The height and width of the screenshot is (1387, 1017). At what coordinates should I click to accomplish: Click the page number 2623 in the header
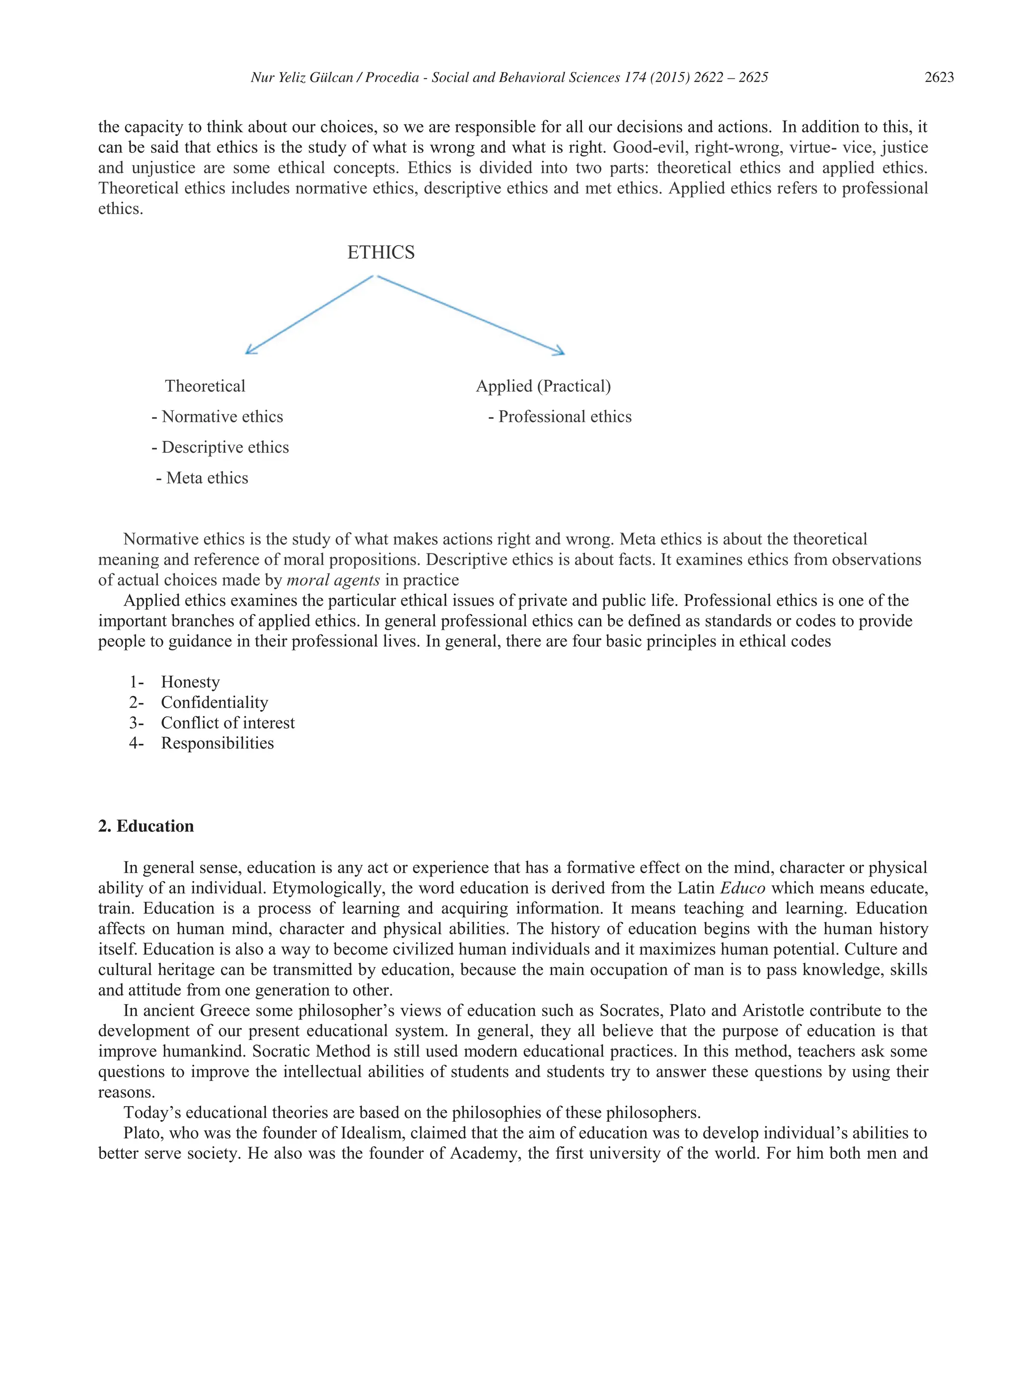(939, 77)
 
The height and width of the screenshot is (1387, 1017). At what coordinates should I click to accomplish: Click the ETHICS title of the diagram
(380, 253)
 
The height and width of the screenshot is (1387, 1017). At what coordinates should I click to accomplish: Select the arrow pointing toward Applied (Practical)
(471, 315)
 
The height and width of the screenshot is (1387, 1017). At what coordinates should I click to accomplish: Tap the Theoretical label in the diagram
(205, 386)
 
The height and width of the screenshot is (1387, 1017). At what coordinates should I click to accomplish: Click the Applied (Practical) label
(543, 386)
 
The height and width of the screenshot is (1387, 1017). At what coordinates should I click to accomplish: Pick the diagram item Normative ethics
(221, 417)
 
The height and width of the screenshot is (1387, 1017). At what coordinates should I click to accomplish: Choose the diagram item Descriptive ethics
(224, 447)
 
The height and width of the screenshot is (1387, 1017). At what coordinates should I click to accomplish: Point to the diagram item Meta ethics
(207, 478)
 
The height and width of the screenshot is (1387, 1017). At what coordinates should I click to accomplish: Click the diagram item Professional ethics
(564, 417)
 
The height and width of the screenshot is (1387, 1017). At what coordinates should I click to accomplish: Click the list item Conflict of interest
(228, 722)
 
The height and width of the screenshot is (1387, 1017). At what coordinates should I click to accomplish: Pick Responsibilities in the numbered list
(218, 743)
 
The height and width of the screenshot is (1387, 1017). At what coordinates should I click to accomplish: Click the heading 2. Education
(146, 826)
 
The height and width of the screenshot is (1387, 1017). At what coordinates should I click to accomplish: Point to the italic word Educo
(742, 888)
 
